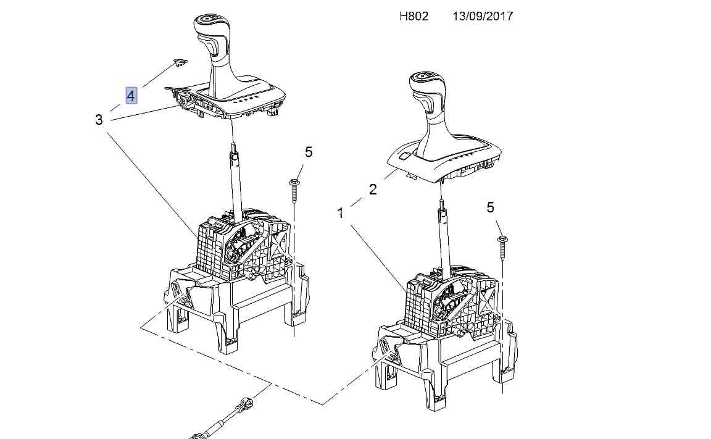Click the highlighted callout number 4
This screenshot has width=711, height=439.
point(131,96)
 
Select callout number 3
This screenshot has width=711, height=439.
point(99,120)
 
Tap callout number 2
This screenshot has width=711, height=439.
point(373,189)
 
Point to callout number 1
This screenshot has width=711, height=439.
point(341,212)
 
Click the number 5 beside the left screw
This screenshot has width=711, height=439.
point(309,152)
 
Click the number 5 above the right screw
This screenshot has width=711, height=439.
point(490,207)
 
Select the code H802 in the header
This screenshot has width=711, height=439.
point(414,16)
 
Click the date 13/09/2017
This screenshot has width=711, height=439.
point(483,16)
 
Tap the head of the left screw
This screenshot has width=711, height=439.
point(294,182)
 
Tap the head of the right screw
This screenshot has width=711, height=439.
point(502,238)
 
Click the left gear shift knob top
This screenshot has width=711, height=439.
point(210,20)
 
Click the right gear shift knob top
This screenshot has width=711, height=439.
point(426,78)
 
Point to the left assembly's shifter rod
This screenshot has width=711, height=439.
point(235,182)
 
